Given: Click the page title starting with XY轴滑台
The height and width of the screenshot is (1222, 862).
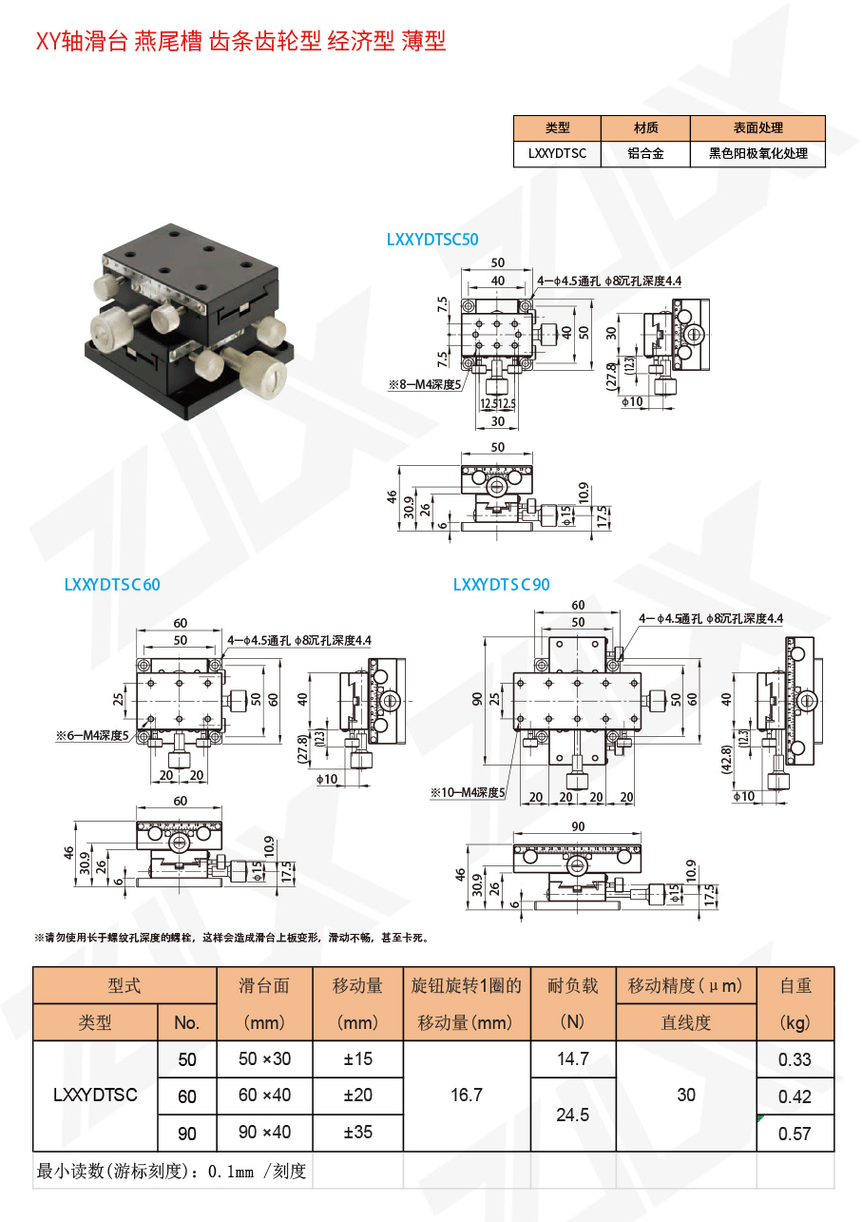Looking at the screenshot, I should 240,41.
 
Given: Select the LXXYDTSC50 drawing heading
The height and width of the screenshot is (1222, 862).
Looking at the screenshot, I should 432,240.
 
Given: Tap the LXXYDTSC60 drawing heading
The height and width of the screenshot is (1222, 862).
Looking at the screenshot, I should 112,585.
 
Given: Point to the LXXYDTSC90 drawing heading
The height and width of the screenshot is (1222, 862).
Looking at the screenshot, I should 501,585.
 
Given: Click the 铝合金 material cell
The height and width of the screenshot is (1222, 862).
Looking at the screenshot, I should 645,153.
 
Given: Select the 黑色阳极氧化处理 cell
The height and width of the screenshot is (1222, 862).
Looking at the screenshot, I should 757,153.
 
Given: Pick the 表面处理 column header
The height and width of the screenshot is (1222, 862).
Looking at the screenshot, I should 757,127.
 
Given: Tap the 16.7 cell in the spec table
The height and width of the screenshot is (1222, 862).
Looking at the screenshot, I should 466,1096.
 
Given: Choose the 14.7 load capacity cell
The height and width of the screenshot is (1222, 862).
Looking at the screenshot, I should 572,1059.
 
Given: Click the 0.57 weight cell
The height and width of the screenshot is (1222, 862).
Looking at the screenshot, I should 795,1134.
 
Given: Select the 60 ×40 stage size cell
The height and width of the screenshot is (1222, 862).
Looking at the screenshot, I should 264,1096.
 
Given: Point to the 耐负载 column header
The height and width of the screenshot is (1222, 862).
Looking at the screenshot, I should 572,986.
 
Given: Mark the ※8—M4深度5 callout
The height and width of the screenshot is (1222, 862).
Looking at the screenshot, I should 424,384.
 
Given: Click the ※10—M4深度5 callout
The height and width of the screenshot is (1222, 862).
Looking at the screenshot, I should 468,792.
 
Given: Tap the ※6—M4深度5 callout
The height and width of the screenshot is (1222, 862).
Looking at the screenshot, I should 91,735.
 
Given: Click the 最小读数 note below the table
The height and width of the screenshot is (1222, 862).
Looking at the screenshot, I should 171,1172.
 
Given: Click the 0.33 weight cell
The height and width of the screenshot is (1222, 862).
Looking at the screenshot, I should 795,1059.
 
